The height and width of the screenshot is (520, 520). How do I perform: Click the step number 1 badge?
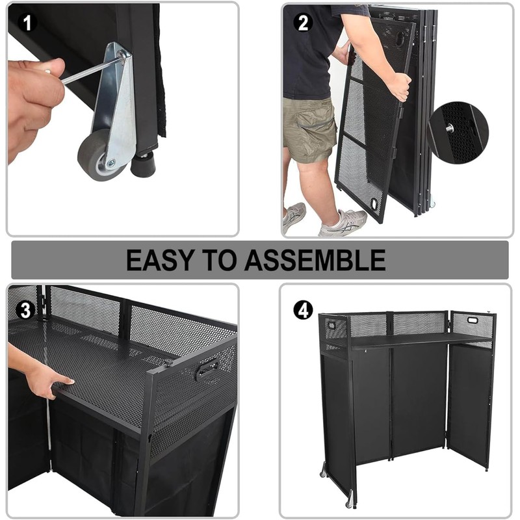tap(27, 24)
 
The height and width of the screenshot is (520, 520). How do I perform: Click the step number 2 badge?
tap(304, 24)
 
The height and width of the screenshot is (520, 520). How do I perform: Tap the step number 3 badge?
tap(25, 310)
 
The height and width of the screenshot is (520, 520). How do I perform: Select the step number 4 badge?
tap(303, 310)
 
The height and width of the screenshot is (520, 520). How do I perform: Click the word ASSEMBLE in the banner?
tap(315, 259)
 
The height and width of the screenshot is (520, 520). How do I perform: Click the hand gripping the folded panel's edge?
tap(399, 85)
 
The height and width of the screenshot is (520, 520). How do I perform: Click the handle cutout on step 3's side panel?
tap(206, 369)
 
